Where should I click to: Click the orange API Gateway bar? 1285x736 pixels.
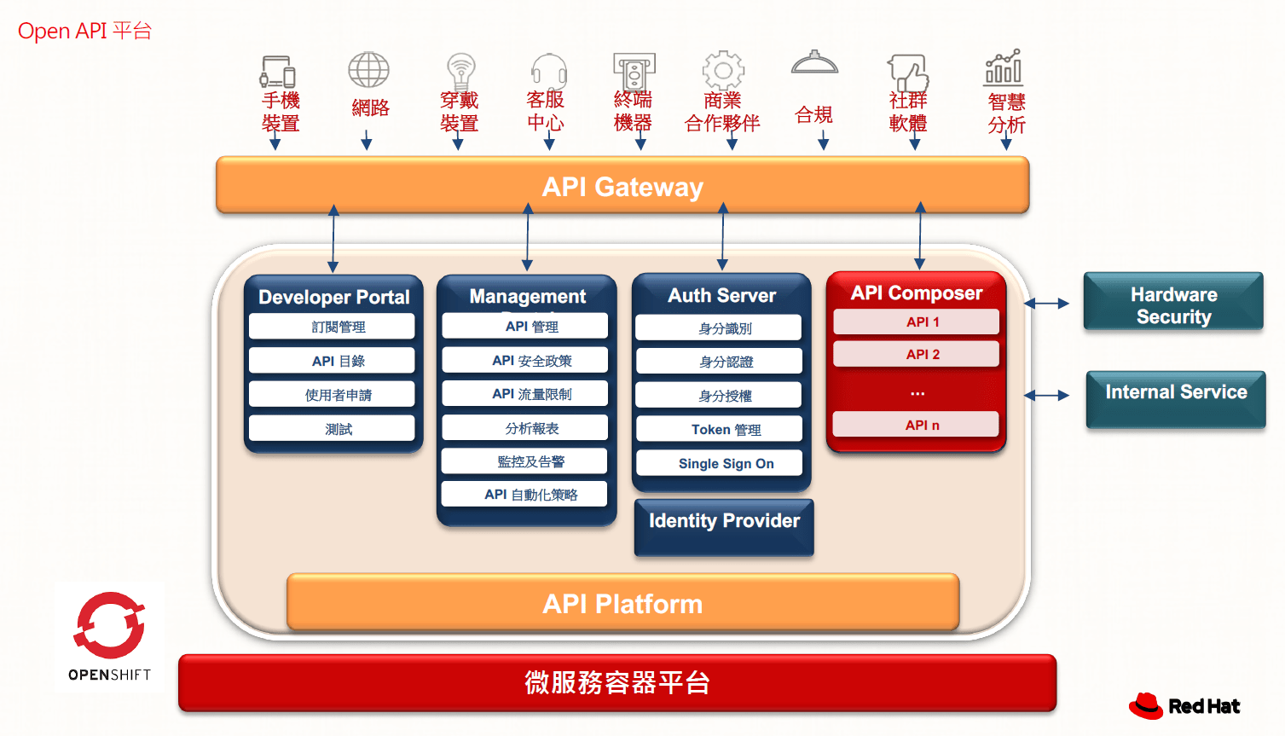[622, 186]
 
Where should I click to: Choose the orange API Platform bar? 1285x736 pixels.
[622, 604]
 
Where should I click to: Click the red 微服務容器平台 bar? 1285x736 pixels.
[617, 682]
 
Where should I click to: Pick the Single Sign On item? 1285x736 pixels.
[726, 463]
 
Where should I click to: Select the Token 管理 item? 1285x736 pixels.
[726, 429]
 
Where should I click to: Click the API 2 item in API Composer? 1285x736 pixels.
[917, 354]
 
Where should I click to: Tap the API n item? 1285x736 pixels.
[917, 425]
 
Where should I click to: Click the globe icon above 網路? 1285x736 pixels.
[368, 70]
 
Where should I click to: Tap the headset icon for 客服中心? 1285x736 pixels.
[547, 71]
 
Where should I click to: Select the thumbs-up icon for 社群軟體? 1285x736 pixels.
[907, 72]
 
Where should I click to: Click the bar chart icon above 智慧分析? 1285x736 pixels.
[1004, 67]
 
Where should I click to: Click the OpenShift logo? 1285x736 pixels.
[109, 635]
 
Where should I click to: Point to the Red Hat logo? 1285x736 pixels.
[1184, 705]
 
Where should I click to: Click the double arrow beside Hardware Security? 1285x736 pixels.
[1046, 304]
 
